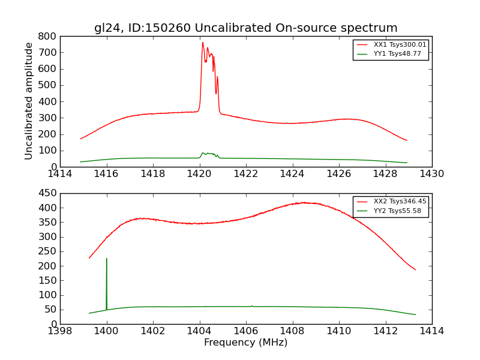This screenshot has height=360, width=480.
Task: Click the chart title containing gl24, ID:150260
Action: coord(245,28)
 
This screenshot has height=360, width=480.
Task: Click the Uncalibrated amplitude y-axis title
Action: coord(29,101)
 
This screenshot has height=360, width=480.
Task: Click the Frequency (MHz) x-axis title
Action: coord(245,343)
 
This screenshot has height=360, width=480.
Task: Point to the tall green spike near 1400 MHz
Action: coord(107,259)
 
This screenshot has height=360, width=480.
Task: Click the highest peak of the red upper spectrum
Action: coord(203,43)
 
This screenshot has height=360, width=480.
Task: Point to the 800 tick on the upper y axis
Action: coord(49,36)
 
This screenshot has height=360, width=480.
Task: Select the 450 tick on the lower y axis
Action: coord(49,193)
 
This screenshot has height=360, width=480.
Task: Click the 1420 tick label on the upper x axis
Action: coord(199,173)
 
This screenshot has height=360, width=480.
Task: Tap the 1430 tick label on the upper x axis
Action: coord(431,173)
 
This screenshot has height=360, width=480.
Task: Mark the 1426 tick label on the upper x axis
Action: coord(338,173)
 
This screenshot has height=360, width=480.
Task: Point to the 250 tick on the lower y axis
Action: coord(49,251)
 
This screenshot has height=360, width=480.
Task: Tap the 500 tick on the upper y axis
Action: coord(49,85)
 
